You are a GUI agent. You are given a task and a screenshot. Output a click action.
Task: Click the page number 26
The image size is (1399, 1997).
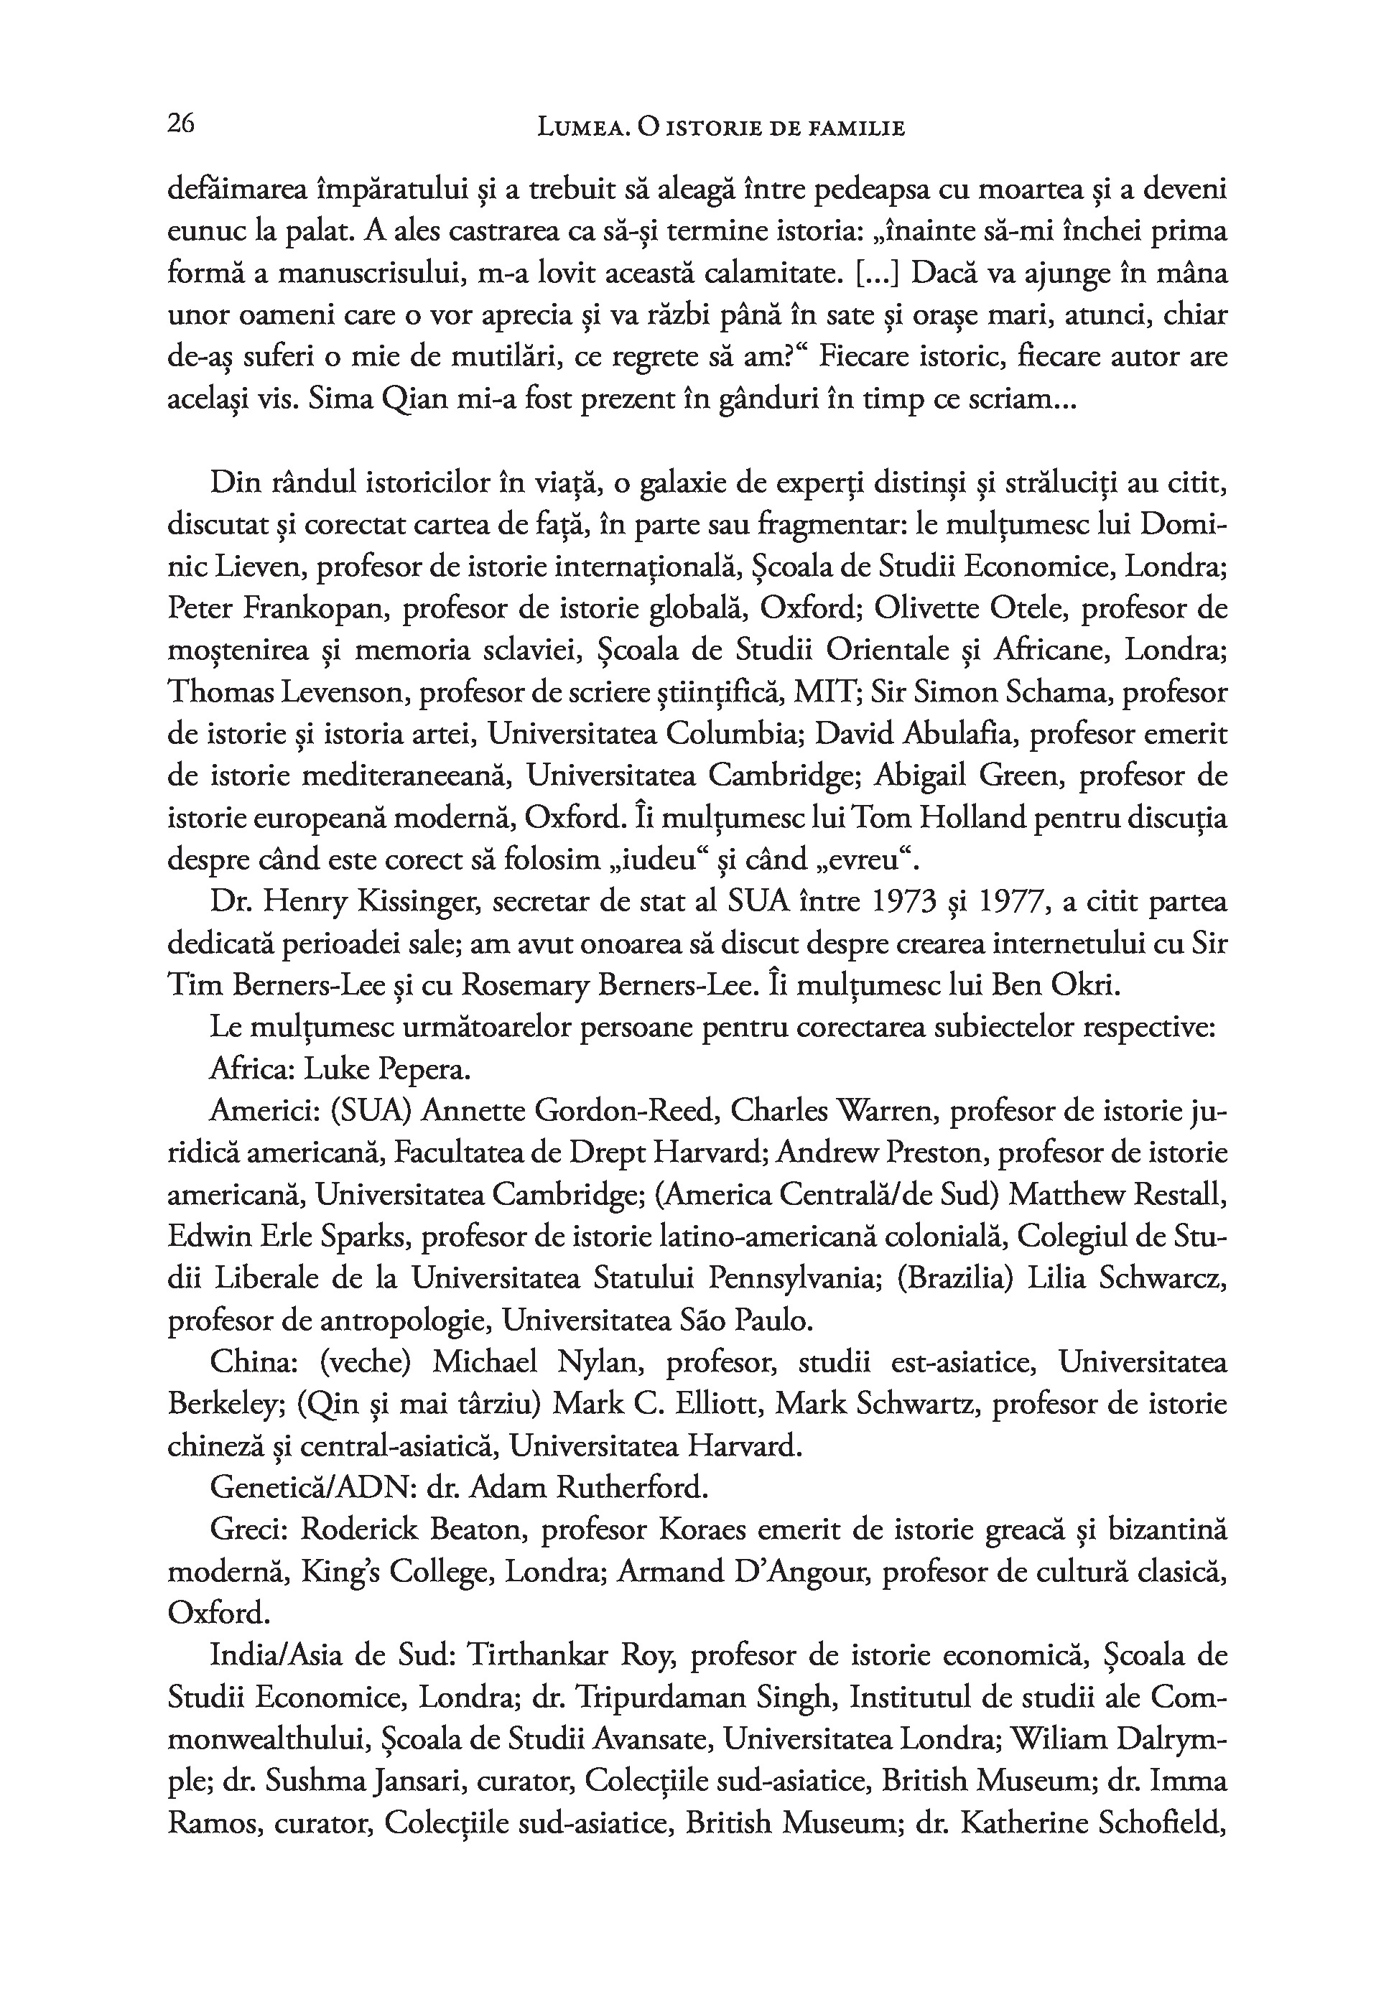pyautogui.click(x=181, y=124)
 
